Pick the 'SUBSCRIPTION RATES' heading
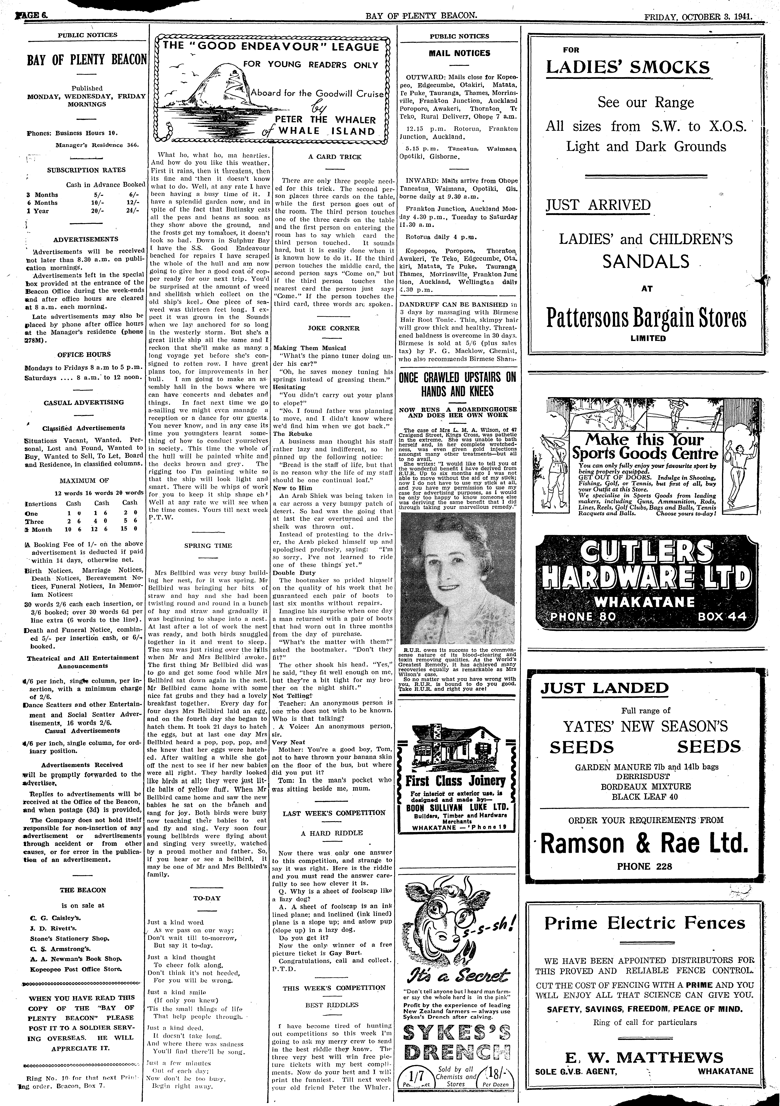pyautogui.click(x=86, y=170)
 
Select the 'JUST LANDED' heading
pyautogui.click(x=604, y=688)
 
